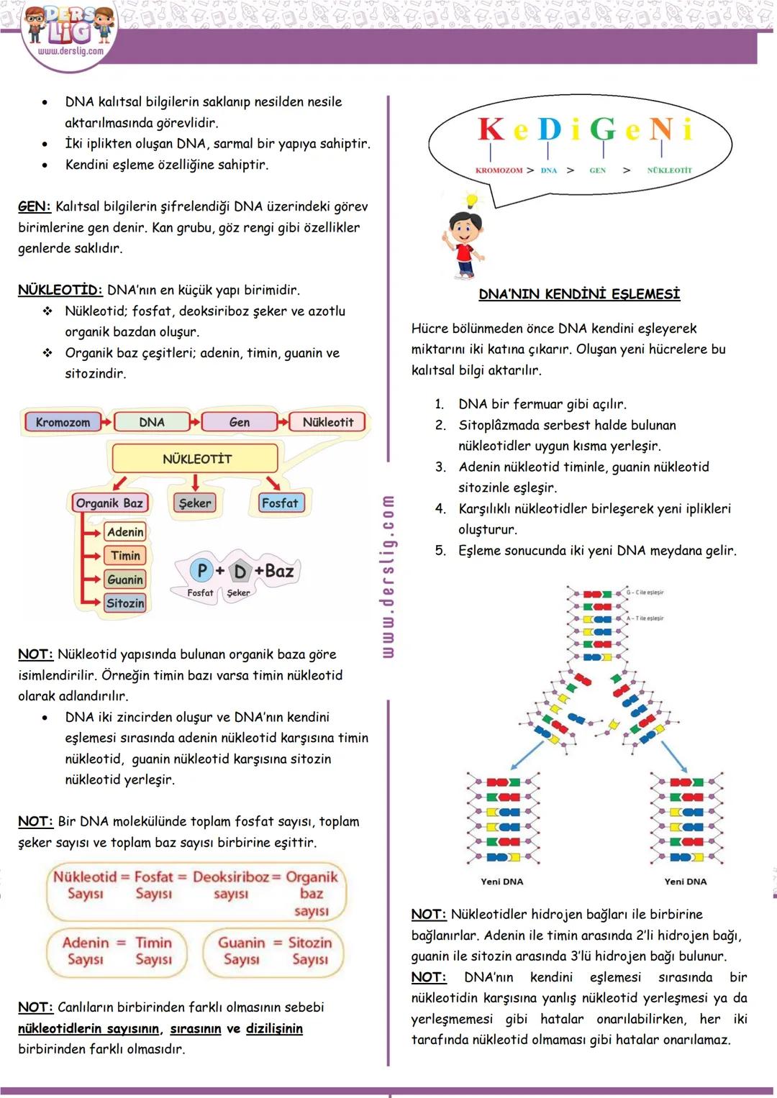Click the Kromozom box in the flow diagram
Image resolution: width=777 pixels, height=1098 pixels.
(x=63, y=422)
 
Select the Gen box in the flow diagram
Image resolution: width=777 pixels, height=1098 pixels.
(x=239, y=422)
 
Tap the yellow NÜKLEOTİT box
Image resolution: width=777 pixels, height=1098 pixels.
(x=196, y=459)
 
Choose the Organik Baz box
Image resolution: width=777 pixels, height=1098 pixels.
(x=109, y=503)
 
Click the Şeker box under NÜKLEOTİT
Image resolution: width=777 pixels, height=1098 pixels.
(x=194, y=503)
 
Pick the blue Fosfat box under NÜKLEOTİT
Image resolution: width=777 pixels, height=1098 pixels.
(x=279, y=503)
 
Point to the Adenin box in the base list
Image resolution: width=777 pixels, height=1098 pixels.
(x=125, y=532)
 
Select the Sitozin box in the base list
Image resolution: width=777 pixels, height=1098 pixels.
(x=125, y=603)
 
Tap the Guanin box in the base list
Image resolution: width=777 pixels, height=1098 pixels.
(x=125, y=580)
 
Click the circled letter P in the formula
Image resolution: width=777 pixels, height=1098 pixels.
(x=202, y=570)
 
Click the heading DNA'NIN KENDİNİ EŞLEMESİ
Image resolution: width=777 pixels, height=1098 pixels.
(x=579, y=294)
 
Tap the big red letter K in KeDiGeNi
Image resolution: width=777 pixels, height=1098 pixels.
(x=491, y=129)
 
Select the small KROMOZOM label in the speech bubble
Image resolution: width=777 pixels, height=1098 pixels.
(x=499, y=170)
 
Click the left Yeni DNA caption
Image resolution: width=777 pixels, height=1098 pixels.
(x=501, y=882)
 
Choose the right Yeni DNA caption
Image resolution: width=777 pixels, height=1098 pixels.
(x=685, y=882)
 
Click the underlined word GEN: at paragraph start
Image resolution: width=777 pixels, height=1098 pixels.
(x=34, y=207)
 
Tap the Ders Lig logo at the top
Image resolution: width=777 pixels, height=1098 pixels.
(x=69, y=32)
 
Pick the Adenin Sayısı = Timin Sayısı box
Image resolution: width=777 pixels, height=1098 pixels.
(x=118, y=951)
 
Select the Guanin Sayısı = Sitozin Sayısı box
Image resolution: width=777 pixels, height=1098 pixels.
(x=274, y=951)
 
